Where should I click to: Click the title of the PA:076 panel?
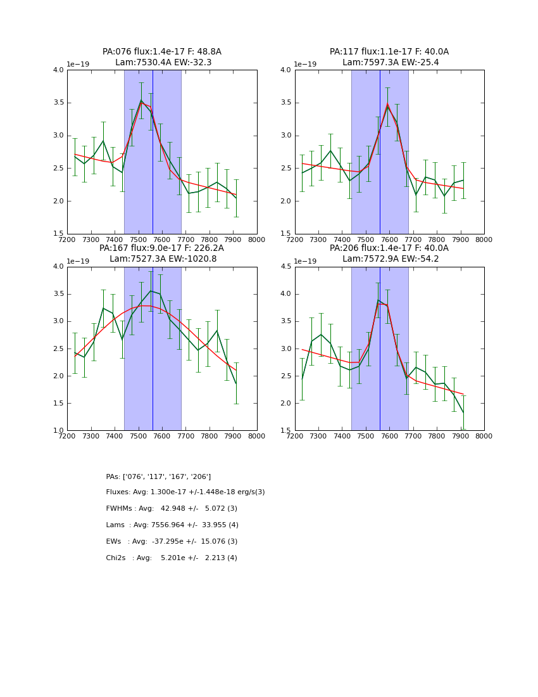[162, 57]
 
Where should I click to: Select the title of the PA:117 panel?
[389, 57]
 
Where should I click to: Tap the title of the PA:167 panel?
[162, 253]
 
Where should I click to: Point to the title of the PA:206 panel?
[389, 253]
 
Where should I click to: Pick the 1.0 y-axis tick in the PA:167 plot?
[58, 431]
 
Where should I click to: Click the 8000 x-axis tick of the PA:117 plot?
[484, 240]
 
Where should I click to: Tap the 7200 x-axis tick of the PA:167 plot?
[67, 437]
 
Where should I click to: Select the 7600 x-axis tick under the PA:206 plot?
[389, 437]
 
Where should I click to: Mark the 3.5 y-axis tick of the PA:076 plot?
[58, 103]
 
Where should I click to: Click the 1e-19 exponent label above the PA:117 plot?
[307, 65]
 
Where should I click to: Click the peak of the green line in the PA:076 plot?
[141, 100]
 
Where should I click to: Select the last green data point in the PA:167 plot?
[236, 383]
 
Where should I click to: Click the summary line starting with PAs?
[158, 476]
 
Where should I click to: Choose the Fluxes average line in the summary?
[185, 492]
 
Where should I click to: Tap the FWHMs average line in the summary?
[172, 509]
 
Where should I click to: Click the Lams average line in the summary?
[172, 525]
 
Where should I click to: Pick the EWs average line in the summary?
[172, 542]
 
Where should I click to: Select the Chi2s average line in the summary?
[172, 558]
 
